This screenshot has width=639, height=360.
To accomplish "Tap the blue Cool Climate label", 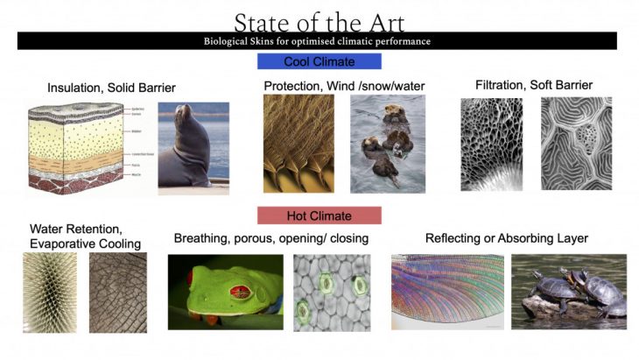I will [x=319, y=61].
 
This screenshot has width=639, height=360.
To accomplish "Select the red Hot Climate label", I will [x=319, y=215].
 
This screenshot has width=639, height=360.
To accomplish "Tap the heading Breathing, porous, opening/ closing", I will [x=270, y=238].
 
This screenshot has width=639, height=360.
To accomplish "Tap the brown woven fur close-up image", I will [x=298, y=143].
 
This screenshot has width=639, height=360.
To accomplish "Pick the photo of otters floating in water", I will [x=387, y=144].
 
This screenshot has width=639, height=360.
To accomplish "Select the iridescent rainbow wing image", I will [x=446, y=291].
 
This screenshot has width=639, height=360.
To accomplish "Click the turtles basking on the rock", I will [x=569, y=292].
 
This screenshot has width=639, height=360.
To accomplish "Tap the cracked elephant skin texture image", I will [x=118, y=291].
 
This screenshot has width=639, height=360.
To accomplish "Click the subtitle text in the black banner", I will [x=319, y=41].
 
